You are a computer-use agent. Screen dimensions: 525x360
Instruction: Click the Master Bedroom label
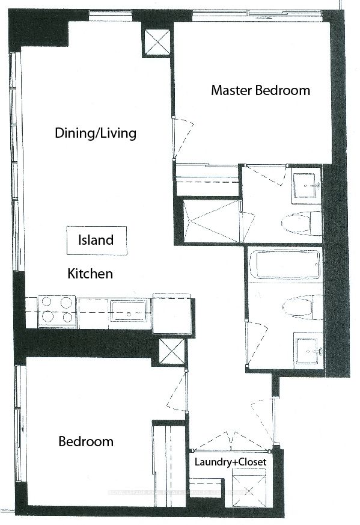[x=260, y=91]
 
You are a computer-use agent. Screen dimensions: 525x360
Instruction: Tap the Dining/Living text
[x=96, y=133]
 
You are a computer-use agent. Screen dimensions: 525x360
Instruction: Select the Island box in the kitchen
[x=96, y=240]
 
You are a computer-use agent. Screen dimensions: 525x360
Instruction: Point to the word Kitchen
[x=90, y=274]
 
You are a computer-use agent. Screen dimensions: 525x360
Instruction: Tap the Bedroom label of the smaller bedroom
[x=85, y=442]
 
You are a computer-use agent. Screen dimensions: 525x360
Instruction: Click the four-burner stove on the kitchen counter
[x=57, y=312]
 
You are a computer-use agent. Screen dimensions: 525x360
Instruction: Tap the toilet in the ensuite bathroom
[x=299, y=224]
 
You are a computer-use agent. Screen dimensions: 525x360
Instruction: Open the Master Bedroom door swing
[x=185, y=136]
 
